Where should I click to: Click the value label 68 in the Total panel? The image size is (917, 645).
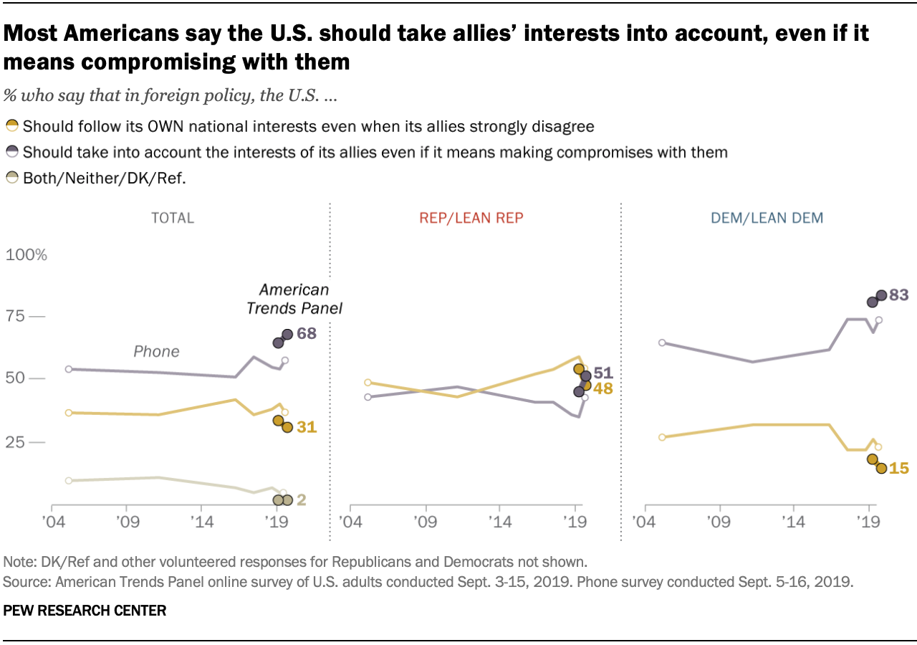click(307, 334)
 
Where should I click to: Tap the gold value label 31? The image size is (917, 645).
click(306, 427)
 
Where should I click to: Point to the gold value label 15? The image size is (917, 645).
click(899, 468)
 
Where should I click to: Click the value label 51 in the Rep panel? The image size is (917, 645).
click(604, 373)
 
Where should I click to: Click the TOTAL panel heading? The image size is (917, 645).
click(173, 218)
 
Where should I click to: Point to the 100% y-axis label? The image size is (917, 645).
click(27, 255)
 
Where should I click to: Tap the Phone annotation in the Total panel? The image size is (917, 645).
click(156, 351)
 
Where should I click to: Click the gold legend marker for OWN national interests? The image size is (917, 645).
click(11, 127)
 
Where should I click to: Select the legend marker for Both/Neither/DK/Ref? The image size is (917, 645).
click(11, 179)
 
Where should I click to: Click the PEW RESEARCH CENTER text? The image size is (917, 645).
click(85, 611)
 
